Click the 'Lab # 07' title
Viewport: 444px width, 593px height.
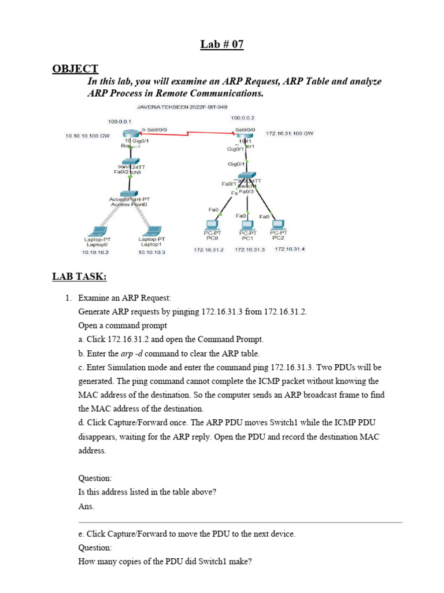point(222,45)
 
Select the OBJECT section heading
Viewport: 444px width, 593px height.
point(75,69)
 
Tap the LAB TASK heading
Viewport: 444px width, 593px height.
point(79,277)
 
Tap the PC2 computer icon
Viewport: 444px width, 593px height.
point(278,224)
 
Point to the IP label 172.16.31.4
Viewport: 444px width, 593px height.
point(290,249)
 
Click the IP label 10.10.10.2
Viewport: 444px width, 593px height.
point(95,252)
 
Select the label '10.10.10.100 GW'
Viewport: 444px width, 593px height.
point(87,136)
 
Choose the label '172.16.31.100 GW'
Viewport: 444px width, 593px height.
point(290,133)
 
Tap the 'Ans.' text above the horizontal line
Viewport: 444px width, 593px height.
point(86,506)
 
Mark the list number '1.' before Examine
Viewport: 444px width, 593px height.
point(68,298)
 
